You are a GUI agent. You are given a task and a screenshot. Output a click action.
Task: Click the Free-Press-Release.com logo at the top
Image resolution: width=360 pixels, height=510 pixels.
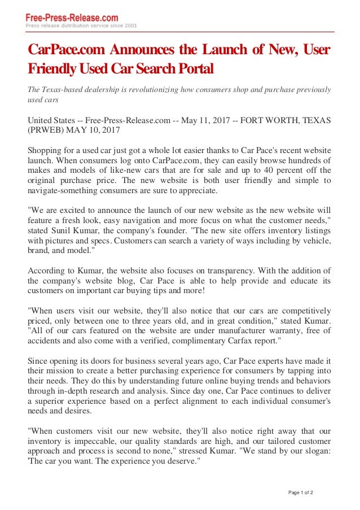[72, 18]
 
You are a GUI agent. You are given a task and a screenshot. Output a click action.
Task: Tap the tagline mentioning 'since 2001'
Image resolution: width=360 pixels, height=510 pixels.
[81, 26]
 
